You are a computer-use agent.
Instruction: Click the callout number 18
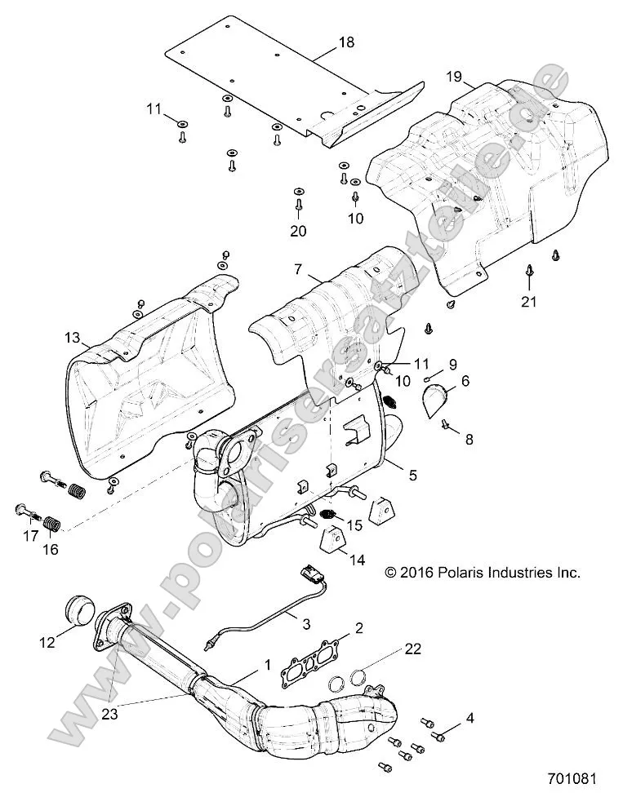coord(346,42)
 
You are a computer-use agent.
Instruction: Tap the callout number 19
coord(455,78)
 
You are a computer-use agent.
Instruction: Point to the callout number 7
coord(298,268)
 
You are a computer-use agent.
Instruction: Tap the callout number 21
coord(530,301)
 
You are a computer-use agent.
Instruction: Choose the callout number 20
coord(298,231)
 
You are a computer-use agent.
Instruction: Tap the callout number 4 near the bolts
coord(469,718)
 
